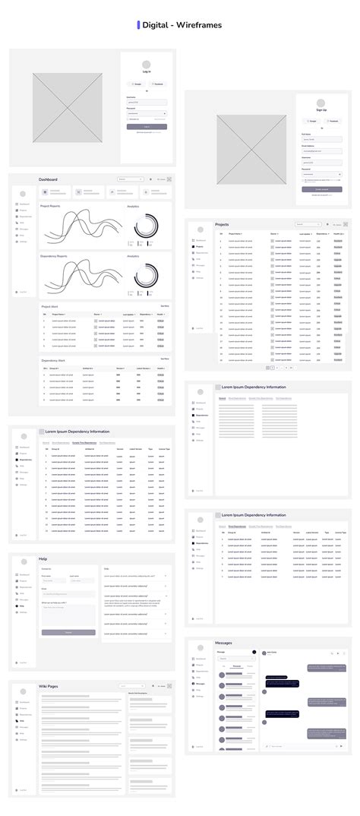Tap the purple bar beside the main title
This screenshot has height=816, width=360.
pyautogui.click(x=138, y=25)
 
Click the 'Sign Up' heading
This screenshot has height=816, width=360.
pyautogui.click(x=321, y=110)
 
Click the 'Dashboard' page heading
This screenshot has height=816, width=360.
pyautogui.click(x=48, y=180)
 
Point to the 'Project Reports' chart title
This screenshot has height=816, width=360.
pyautogui.click(x=50, y=206)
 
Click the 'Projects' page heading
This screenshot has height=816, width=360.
pyautogui.click(x=222, y=225)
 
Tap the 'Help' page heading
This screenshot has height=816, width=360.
pyautogui.click(x=43, y=558)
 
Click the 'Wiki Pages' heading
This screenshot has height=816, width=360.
pyautogui.click(x=49, y=686)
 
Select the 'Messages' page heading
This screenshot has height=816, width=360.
pyautogui.click(x=223, y=643)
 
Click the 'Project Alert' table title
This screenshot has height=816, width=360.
pyautogui.click(x=49, y=306)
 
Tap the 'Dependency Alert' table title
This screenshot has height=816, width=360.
pyautogui.click(x=52, y=359)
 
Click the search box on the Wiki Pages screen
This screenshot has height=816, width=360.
pyautogui.click(x=131, y=686)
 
